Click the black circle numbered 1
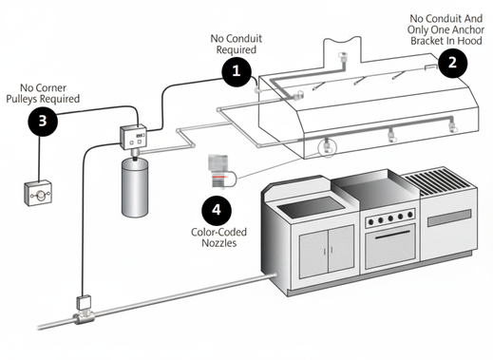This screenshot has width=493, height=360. pyautogui.click(x=237, y=71)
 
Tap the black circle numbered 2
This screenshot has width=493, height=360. pyautogui.click(x=452, y=63)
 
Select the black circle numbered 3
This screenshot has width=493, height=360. pyautogui.click(x=43, y=122)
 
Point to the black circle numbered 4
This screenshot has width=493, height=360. pyautogui.click(x=217, y=210)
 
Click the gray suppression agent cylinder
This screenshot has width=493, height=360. pyautogui.click(x=135, y=187)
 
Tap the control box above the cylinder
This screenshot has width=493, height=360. pyautogui.click(x=133, y=137)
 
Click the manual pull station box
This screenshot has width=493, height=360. pyautogui.click(x=38, y=193)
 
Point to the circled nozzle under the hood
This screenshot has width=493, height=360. pyautogui.click(x=327, y=147)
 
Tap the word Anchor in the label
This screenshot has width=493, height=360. pyautogui.click(x=468, y=29)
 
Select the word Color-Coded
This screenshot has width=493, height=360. pyautogui.click(x=218, y=232)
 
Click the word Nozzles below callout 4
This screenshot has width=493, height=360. pyautogui.click(x=219, y=243)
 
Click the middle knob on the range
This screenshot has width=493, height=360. pyautogui.click(x=390, y=218)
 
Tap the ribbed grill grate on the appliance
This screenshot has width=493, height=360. pyautogui.click(x=439, y=181)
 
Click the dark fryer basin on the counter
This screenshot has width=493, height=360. pyautogui.click(x=311, y=206)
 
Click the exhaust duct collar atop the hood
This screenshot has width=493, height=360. pyautogui.click(x=342, y=50)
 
